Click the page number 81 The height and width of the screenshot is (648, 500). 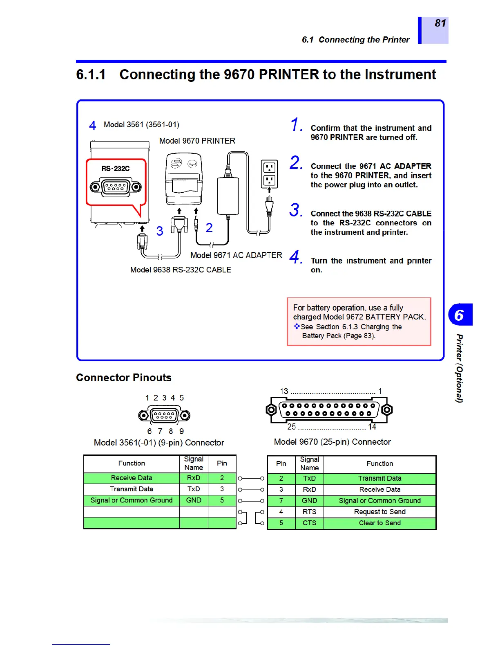click(x=440, y=23)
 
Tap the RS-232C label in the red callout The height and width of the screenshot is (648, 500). click(x=116, y=169)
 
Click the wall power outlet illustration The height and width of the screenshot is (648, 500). click(x=269, y=174)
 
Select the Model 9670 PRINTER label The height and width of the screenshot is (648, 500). click(x=197, y=141)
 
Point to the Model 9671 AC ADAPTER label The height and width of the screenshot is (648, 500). click(x=236, y=255)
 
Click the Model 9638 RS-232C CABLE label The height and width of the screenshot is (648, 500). click(x=181, y=270)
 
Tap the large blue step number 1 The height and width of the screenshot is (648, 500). click(x=296, y=125)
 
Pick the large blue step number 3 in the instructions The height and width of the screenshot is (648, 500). click(x=295, y=210)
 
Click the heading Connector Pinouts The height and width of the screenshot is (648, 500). click(x=124, y=378)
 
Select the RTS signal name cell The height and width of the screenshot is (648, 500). click(x=309, y=512)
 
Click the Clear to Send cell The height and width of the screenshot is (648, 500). click(x=379, y=523)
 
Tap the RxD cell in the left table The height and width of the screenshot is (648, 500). click(x=194, y=478)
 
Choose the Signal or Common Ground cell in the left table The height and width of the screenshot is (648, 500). click(x=132, y=500)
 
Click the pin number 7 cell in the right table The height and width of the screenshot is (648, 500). click(x=281, y=501)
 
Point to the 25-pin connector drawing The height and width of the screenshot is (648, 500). click(x=329, y=409)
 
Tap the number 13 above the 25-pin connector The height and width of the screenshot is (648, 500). click(x=284, y=391)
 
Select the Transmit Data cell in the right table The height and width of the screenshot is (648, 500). click(x=379, y=478)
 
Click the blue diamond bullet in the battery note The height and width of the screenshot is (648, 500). click(x=297, y=326)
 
